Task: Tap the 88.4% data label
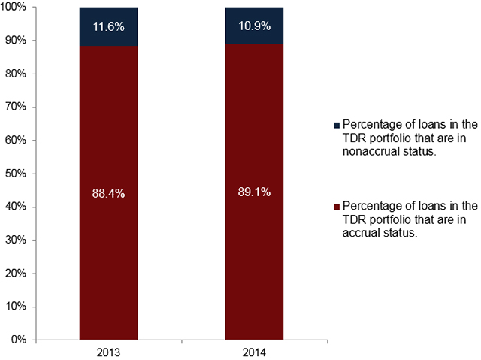[109, 193]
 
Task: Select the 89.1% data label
[255, 193]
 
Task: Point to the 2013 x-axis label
[109, 352]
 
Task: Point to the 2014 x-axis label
[255, 352]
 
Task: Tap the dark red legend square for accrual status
[336, 206]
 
